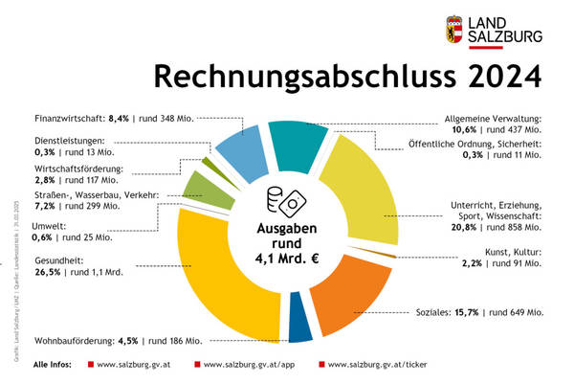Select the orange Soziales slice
click(349, 292)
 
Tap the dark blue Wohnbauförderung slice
click(299, 327)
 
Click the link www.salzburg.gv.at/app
click(254, 366)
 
